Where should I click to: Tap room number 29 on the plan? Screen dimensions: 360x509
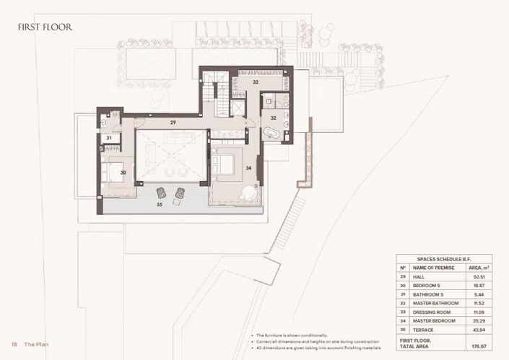pyautogui.click(x=173, y=123)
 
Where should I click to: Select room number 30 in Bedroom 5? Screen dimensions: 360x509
pyautogui.click(x=123, y=172)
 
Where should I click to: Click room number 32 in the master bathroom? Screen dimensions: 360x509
pyautogui.click(x=274, y=116)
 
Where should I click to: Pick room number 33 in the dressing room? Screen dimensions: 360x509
pyautogui.click(x=255, y=83)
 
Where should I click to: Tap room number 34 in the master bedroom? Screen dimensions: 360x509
pyautogui.click(x=248, y=168)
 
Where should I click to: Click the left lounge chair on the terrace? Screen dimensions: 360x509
pyautogui.click(x=162, y=193)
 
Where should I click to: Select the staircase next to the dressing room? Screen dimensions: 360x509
pyautogui.click(x=209, y=95)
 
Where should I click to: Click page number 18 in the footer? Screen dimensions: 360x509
pyautogui.click(x=13, y=343)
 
